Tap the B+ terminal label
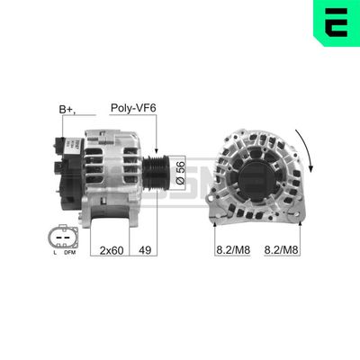(x=67, y=110)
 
